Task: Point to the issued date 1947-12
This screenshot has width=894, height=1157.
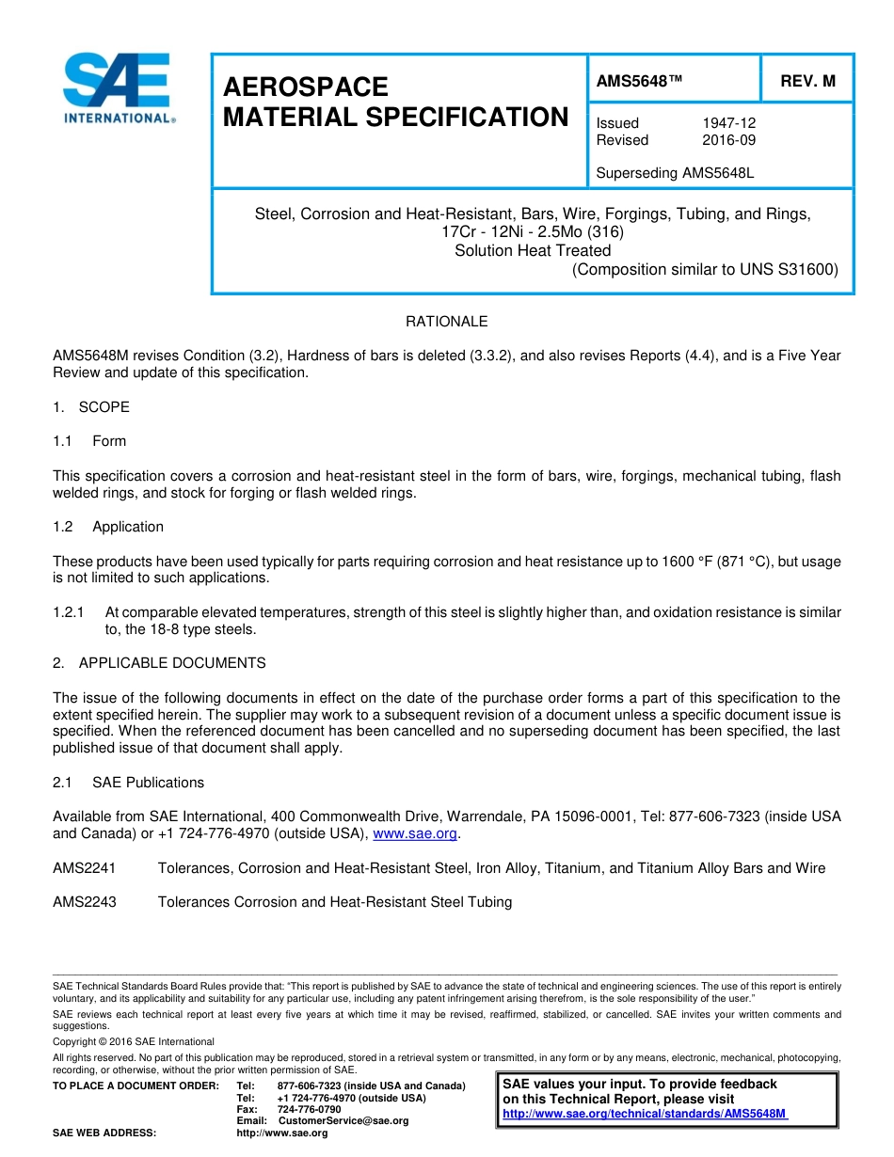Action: click(728, 123)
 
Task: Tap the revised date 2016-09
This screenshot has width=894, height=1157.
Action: click(728, 140)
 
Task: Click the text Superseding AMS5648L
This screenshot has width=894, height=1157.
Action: click(675, 173)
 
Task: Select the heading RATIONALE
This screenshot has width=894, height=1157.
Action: click(446, 322)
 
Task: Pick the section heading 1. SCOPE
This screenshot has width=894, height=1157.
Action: click(91, 407)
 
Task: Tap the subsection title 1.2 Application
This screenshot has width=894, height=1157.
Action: click(127, 527)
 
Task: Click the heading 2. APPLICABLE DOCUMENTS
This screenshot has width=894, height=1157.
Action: click(159, 663)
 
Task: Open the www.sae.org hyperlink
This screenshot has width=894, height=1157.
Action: click(415, 834)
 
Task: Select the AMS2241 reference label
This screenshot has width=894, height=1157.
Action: click(85, 868)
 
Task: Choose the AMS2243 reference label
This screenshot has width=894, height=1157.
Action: click(85, 902)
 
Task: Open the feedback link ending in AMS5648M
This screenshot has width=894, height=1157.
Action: click(645, 1114)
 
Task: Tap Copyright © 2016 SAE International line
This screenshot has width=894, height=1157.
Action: click(134, 1041)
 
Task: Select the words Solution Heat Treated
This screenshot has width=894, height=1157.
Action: click(533, 250)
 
